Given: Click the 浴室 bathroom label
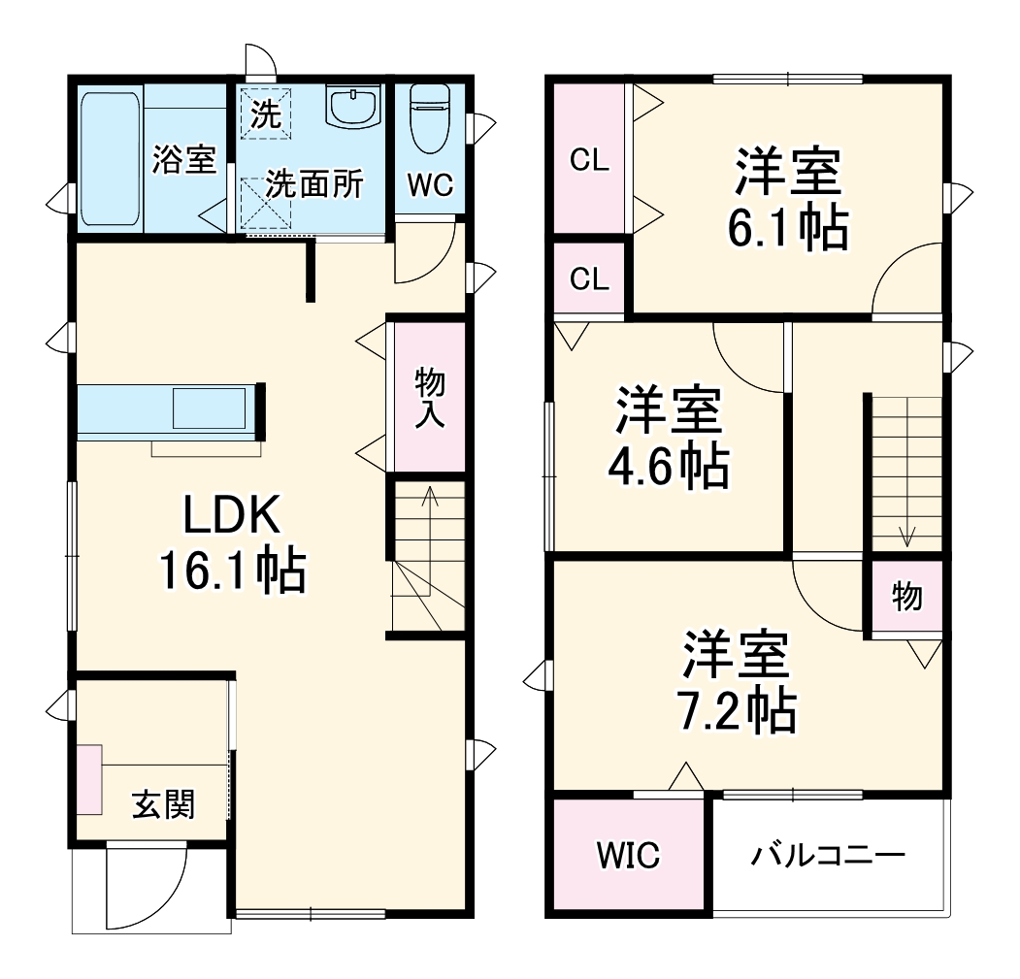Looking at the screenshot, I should pyautogui.click(x=183, y=161).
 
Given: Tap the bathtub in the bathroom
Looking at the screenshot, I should pyautogui.click(x=111, y=159).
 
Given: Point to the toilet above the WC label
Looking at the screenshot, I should pyautogui.click(x=428, y=117).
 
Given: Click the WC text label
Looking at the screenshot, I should pyautogui.click(x=429, y=186).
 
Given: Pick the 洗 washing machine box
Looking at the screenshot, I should pyautogui.click(x=264, y=114).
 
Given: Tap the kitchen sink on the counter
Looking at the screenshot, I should pyautogui.click(x=209, y=408).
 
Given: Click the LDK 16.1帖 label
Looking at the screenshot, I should pyautogui.click(x=232, y=543).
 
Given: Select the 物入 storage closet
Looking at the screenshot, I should pyautogui.click(x=429, y=397).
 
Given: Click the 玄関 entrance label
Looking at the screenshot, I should pyautogui.click(x=163, y=803).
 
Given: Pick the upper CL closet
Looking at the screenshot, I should pyautogui.click(x=589, y=160).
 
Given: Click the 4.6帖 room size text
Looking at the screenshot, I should pyautogui.click(x=668, y=468).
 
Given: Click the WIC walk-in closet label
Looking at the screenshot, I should pyautogui.click(x=628, y=855).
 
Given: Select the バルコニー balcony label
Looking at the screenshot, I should pyautogui.click(x=828, y=855).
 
